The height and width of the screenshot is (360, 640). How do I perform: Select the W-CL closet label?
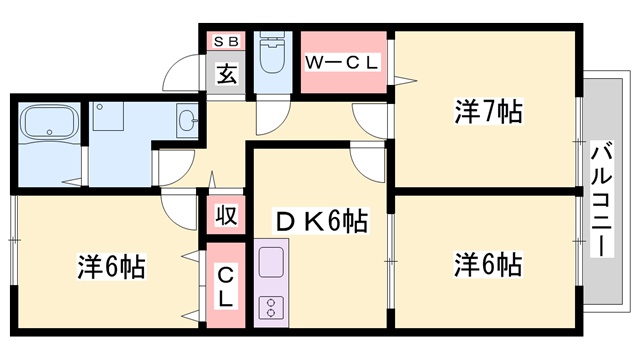pos(343,62)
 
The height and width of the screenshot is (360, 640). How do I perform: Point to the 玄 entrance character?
pos(226,75)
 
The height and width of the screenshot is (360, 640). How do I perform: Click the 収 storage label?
pos(226,216)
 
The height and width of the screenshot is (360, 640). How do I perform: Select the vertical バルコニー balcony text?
pos(602,200)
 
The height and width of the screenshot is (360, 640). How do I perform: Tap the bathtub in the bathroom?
pos(50,125)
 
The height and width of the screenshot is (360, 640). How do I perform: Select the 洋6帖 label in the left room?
pos(112,268)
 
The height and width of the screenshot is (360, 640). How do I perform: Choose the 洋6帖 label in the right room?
pos(488,265)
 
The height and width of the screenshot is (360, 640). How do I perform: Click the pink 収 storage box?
pos(226,216)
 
